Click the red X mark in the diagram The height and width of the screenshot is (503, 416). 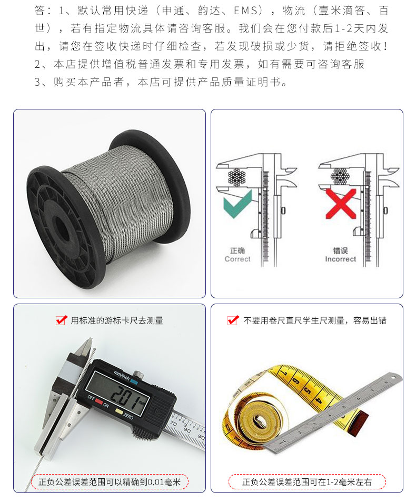click(x=341, y=203)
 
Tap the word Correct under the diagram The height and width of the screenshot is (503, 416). click(x=237, y=259)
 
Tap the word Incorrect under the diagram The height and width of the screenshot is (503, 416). click(x=340, y=259)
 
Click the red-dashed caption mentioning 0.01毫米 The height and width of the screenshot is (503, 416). click(x=110, y=481)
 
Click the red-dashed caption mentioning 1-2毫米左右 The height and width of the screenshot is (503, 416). click(x=307, y=481)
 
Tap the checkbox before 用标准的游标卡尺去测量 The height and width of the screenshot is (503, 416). click(x=61, y=320)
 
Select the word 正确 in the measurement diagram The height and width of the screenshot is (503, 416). click(x=237, y=250)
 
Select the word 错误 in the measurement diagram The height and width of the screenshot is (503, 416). click(x=340, y=250)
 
